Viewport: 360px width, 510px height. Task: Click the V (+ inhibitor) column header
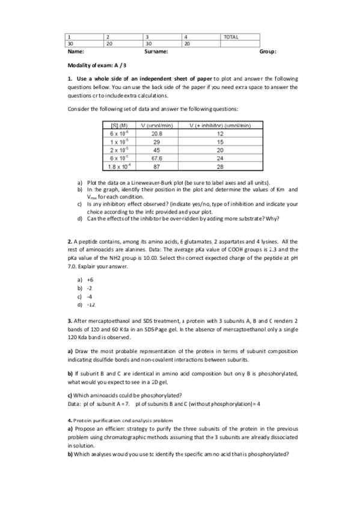coord(219,125)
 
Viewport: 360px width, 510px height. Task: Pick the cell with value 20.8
coord(156,134)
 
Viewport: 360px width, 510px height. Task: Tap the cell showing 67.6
coord(156,159)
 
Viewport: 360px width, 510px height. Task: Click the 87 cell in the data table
coord(156,167)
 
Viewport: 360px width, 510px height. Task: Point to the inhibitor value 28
coord(219,167)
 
